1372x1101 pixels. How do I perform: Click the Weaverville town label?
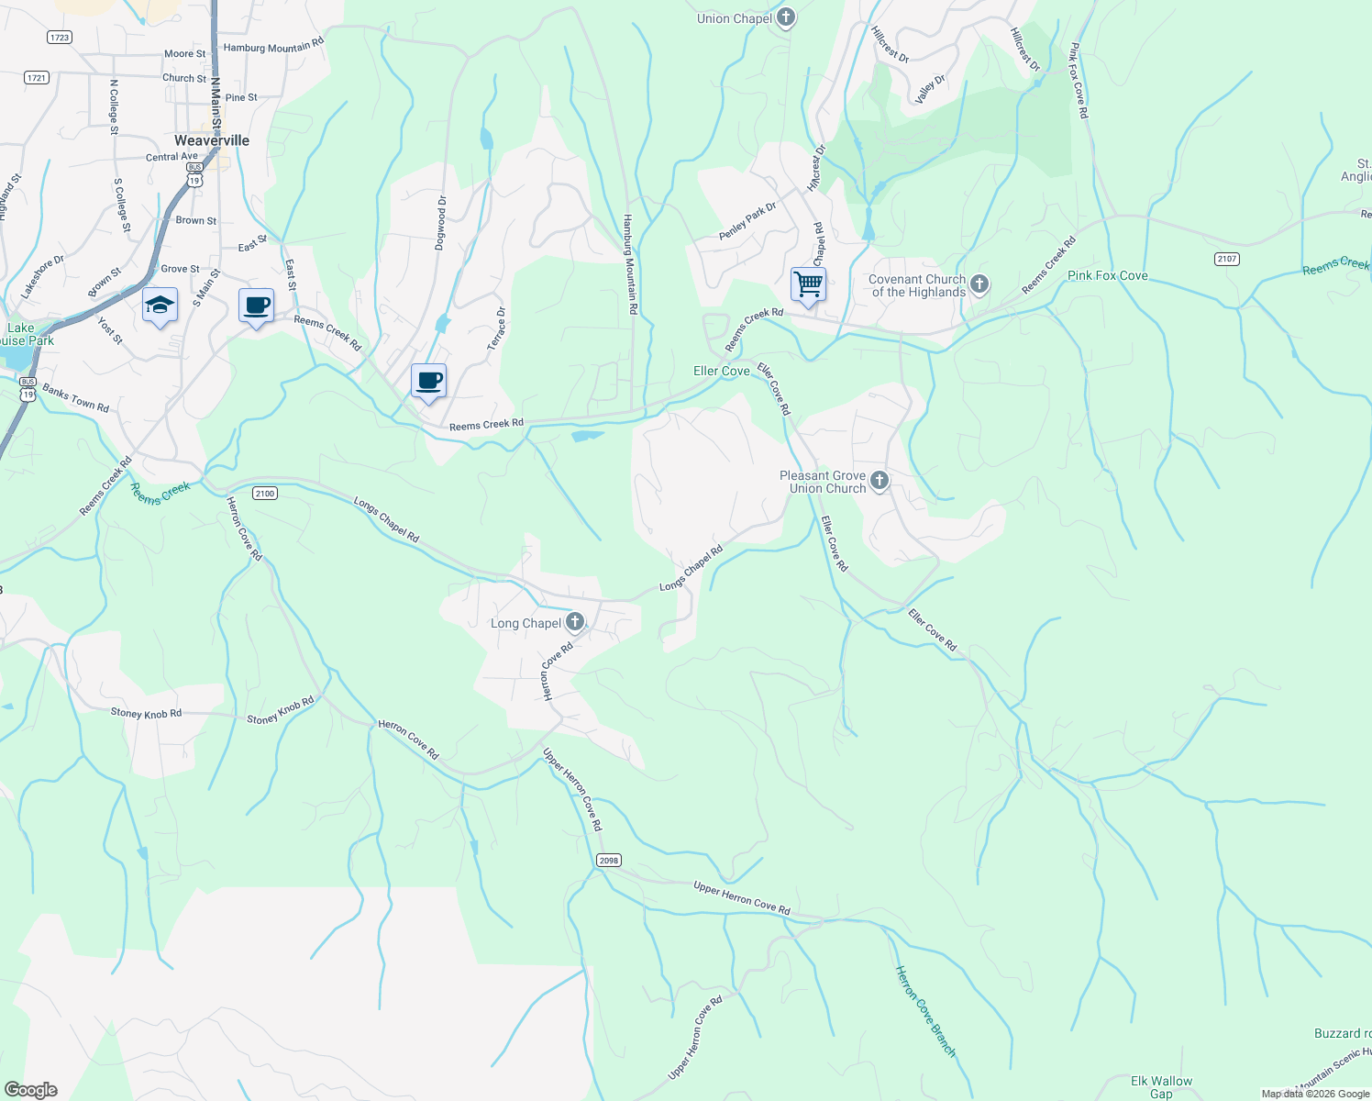(212, 140)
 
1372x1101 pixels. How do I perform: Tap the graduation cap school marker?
(160, 306)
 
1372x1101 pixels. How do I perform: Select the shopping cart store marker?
(808, 284)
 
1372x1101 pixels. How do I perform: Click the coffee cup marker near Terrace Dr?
(428, 381)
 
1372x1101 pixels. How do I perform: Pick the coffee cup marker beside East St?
(256, 306)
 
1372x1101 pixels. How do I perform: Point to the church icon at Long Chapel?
(575, 623)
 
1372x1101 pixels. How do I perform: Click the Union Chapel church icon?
(785, 17)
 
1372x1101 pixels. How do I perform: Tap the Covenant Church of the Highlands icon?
(979, 284)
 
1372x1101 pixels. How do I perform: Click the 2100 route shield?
(264, 494)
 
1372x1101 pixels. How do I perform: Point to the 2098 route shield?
(608, 860)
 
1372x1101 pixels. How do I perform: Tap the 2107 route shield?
(1227, 259)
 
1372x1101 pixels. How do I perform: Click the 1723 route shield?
(59, 38)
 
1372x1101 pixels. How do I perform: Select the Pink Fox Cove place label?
(1107, 275)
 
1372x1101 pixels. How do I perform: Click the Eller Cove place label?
(721, 371)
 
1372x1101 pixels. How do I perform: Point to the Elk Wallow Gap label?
(1161, 1087)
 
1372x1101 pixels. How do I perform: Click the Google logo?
(30, 1089)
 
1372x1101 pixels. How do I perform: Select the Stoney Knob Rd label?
(146, 713)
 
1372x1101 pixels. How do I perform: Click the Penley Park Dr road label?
(747, 221)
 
